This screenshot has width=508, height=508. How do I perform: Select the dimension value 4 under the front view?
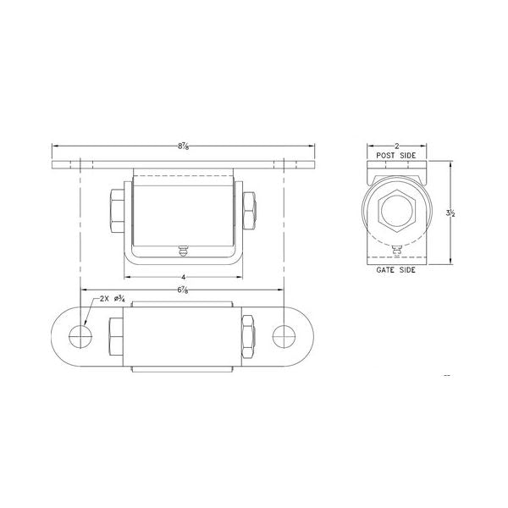click(x=183, y=277)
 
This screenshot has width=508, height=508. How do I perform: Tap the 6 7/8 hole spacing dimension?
click(x=183, y=291)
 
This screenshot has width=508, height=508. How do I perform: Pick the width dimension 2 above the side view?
click(x=395, y=146)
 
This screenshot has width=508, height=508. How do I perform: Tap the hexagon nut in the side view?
click(x=395, y=211)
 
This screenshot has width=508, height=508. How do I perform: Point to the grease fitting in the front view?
click(x=183, y=250)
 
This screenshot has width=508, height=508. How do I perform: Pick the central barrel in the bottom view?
click(x=183, y=335)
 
